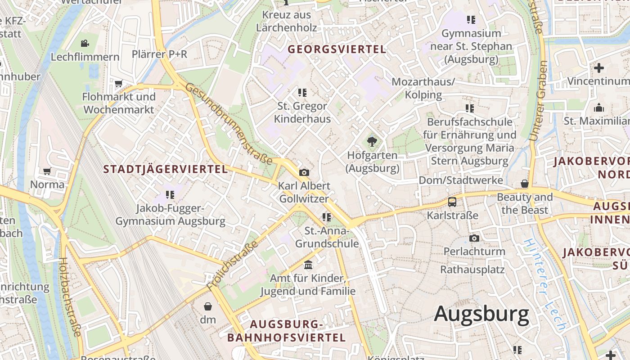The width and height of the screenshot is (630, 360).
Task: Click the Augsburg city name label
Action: pyautogui.click(x=481, y=314)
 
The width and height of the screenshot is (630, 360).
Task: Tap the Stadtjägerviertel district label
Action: pyautogui.click(x=166, y=169)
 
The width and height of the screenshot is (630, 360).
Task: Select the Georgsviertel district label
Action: pyautogui.click(x=337, y=49)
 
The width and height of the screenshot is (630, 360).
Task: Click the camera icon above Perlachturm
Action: pyautogui.click(x=474, y=238)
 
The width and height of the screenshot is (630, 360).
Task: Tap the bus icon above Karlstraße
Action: pyautogui.click(x=452, y=202)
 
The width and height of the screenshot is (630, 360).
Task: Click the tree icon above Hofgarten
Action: pyautogui.click(x=372, y=142)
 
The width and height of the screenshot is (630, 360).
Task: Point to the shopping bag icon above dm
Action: pyautogui.click(x=208, y=306)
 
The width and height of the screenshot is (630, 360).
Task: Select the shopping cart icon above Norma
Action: pyautogui.click(x=47, y=171)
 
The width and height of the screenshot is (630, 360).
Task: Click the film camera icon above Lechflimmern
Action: pyautogui.click(x=85, y=43)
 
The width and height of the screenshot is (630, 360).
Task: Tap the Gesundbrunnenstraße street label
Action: pyautogui.click(x=229, y=123)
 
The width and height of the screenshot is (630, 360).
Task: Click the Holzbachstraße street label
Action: pyautogui.click(x=70, y=297)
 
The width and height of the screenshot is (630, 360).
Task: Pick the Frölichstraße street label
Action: pyautogui.click(x=233, y=265)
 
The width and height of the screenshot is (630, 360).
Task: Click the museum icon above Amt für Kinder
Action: pyautogui.click(x=308, y=265)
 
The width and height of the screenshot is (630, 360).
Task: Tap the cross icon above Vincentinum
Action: pyautogui.click(x=598, y=68)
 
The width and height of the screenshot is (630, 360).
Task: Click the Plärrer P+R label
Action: pyautogui.click(x=159, y=54)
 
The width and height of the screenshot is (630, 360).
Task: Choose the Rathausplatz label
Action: pyautogui.click(x=472, y=270)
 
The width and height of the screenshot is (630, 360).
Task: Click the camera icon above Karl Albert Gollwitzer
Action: pyautogui.click(x=304, y=172)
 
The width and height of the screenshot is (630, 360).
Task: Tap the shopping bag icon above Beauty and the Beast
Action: pyautogui.click(x=524, y=184)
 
